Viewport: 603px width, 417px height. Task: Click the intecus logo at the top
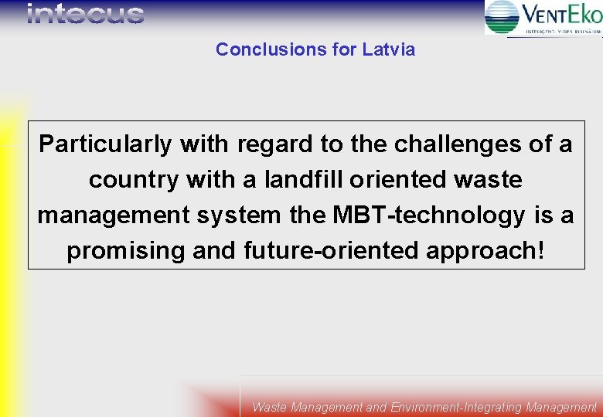pyautogui.click(x=85, y=14)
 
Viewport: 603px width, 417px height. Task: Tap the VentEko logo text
pyautogui.click(x=562, y=14)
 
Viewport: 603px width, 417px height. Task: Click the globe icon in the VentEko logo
pyautogui.click(x=502, y=16)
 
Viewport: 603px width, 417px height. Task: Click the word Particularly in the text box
pyautogui.click(x=106, y=144)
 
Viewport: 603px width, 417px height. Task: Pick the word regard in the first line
pyautogui.click(x=270, y=144)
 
